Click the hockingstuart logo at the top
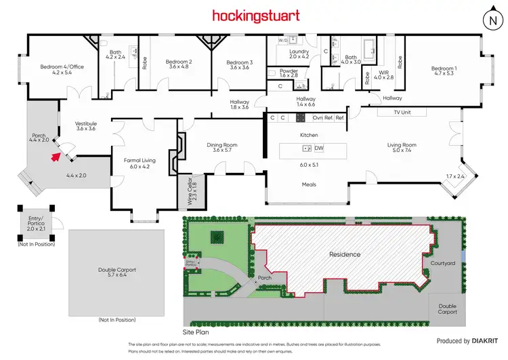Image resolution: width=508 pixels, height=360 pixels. click(x=254, y=15)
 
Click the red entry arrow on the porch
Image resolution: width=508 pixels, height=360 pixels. click(x=53, y=157)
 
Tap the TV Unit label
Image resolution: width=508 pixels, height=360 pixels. click(x=404, y=112)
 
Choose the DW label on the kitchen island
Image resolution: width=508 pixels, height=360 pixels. click(x=319, y=148)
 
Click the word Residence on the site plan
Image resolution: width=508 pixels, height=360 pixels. click(x=344, y=254)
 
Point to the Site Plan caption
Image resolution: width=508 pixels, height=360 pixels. click(x=197, y=334)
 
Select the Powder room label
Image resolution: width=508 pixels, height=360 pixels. click(x=289, y=71)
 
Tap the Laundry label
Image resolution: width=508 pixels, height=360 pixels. click(x=299, y=52)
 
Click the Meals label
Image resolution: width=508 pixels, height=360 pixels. click(x=309, y=184)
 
